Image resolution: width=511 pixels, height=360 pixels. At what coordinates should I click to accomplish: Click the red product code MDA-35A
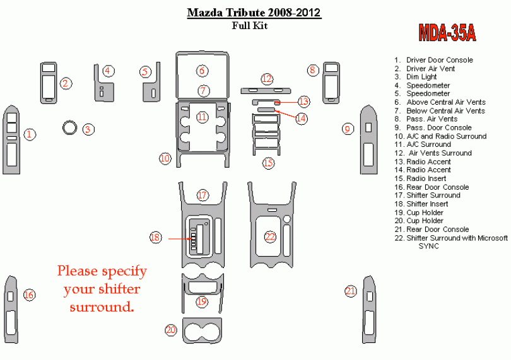[x=447, y=33]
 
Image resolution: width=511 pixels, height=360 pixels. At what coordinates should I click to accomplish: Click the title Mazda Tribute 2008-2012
[x=254, y=13]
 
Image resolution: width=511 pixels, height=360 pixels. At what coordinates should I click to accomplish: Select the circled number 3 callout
[x=88, y=129]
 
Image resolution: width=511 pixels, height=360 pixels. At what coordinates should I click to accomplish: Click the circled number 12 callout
[x=267, y=79]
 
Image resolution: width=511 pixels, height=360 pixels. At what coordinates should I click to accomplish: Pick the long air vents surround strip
[x=266, y=91]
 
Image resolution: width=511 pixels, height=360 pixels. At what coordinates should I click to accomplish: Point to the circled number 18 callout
[x=155, y=237]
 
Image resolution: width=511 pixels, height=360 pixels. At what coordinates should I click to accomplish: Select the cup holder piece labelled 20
[x=202, y=330]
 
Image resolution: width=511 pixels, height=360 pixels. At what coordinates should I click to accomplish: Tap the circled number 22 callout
[x=270, y=237]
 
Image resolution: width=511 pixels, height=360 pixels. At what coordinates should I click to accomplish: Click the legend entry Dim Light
[x=416, y=77]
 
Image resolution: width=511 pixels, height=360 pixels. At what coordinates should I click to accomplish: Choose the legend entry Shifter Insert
[x=421, y=204]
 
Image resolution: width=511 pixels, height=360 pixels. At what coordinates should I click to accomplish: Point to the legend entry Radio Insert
[x=420, y=178]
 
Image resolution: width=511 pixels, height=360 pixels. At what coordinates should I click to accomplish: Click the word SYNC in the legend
[x=428, y=247]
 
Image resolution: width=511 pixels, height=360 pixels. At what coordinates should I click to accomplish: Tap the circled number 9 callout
[x=348, y=129]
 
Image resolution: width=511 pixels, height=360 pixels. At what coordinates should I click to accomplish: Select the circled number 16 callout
[x=29, y=295]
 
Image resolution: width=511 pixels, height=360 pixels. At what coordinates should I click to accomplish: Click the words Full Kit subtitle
[x=250, y=25]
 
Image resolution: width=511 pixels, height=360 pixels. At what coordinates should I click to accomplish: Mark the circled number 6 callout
[x=202, y=71]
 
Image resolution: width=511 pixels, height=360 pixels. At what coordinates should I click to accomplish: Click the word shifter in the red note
[x=120, y=289]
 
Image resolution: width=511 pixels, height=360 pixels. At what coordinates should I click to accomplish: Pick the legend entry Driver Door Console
[x=433, y=60]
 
